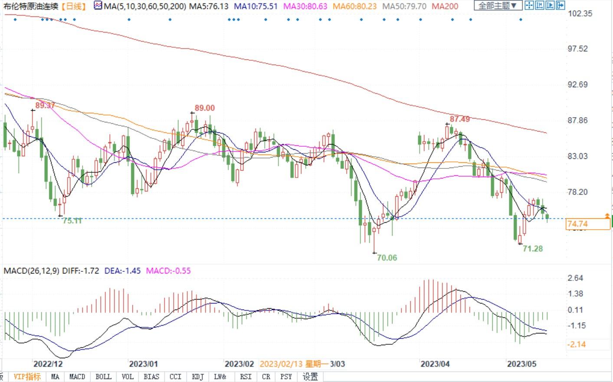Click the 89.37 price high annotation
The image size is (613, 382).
coord(45,105)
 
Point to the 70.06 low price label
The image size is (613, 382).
coord(387,258)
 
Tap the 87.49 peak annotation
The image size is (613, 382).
coord(459,119)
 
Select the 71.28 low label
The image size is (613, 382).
coord(532,249)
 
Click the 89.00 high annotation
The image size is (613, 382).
coord(204,108)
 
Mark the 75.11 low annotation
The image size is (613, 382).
coord(72,221)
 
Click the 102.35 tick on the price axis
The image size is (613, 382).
coord(580,13)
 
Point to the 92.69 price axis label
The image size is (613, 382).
coord(578,84)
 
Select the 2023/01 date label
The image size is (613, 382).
coord(144,364)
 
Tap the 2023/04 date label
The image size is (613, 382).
coord(435,364)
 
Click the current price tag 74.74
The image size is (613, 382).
coord(578,224)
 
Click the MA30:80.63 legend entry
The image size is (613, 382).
coord(305,6)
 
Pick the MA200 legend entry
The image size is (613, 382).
coord(445,6)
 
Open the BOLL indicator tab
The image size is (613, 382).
coord(103,376)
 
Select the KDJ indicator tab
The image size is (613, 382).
coord(198,376)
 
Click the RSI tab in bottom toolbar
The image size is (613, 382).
coord(246,376)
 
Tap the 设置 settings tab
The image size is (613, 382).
coord(310,376)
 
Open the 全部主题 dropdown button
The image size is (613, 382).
coord(497,6)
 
